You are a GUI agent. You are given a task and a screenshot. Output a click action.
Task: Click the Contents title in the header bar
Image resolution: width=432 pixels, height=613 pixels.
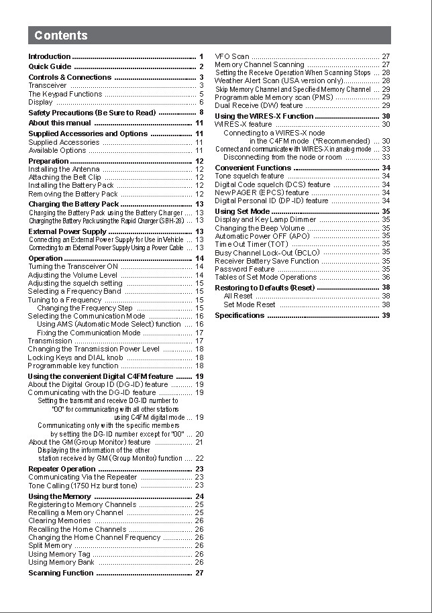(x=61, y=36)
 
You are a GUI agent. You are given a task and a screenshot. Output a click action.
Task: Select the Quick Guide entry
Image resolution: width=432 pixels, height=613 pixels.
(x=50, y=67)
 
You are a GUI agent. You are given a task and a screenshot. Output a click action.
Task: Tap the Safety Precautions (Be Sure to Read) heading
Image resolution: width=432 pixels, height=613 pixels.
(x=92, y=113)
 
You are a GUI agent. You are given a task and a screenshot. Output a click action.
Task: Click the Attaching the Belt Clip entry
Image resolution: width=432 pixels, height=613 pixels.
(x=64, y=177)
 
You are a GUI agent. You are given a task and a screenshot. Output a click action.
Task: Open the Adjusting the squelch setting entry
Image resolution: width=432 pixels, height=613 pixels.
(x=75, y=283)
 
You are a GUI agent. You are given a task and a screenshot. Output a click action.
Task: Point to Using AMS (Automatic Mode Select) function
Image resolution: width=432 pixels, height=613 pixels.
(x=109, y=324)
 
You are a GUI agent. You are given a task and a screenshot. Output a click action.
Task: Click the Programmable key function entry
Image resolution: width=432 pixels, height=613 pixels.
(x=73, y=366)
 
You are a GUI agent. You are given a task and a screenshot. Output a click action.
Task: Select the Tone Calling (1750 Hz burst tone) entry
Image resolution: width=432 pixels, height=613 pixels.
(x=83, y=485)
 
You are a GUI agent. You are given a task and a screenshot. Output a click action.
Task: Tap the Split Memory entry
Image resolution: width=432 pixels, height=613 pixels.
(x=50, y=546)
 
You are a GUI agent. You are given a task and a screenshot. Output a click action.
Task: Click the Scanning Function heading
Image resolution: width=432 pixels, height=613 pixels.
(x=61, y=573)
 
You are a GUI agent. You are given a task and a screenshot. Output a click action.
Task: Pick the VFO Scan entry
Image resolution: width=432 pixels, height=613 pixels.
(x=232, y=57)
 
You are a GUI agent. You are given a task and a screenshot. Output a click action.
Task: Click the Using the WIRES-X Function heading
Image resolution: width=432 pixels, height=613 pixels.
(x=264, y=116)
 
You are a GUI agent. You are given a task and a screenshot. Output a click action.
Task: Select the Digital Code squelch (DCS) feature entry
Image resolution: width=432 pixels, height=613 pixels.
(x=272, y=184)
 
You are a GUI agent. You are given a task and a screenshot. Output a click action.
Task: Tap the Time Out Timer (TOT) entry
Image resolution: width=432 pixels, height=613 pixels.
(x=252, y=244)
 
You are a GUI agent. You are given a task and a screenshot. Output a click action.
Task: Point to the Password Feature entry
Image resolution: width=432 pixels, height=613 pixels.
(x=245, y=269)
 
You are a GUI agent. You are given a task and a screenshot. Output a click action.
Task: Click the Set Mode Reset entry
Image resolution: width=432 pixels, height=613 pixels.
(x=250, y=304)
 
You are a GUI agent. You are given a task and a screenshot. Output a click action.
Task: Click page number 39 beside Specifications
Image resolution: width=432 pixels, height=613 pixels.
(x=386, y=315)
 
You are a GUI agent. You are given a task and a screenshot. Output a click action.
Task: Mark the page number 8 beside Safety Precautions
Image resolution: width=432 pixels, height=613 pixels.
(x=201, y=113)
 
